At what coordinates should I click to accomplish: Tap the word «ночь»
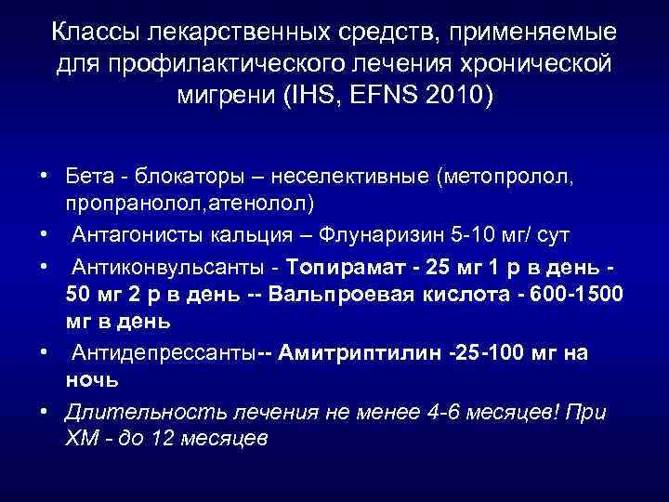(90, 379)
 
